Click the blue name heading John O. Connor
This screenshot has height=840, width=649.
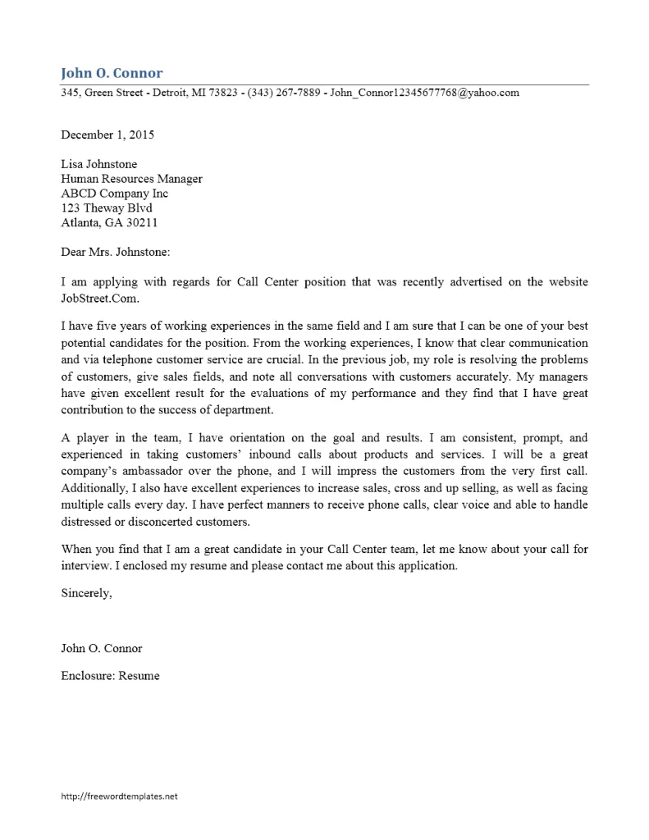[112, 73]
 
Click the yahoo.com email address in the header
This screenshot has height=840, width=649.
[424, 93]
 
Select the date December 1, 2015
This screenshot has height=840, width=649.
[107, 135]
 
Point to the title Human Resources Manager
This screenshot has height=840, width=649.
[131, 179]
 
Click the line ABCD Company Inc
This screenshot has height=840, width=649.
[114, 194]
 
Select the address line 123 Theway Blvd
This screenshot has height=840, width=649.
[107, 208]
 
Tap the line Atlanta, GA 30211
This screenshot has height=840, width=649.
[109, 222]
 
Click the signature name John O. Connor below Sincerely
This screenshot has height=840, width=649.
[102, 648]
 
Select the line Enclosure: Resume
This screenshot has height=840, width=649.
[110, 676]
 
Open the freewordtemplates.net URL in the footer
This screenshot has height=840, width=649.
[119, 796]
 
